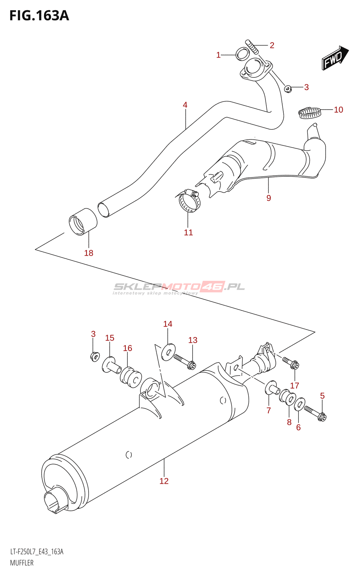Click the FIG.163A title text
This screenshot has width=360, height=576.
tap(39, 16)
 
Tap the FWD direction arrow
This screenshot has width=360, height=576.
tap(335, 58)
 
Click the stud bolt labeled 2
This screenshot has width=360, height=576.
tap(252, 47)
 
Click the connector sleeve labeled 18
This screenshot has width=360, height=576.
tap(83, 222)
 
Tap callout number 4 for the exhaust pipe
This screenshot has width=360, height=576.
tap(185, 105)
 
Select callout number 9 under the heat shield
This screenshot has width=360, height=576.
tap(269, 198)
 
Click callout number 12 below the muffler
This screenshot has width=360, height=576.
tap(164, 481)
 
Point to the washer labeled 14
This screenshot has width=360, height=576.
tap(168, 352)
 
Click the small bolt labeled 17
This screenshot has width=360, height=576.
tap(291, 363)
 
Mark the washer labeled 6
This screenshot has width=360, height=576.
tap(300, 404)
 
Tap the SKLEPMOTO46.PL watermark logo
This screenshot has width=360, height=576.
tap(179, 288)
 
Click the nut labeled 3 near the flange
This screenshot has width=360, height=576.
tap(288, 89)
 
